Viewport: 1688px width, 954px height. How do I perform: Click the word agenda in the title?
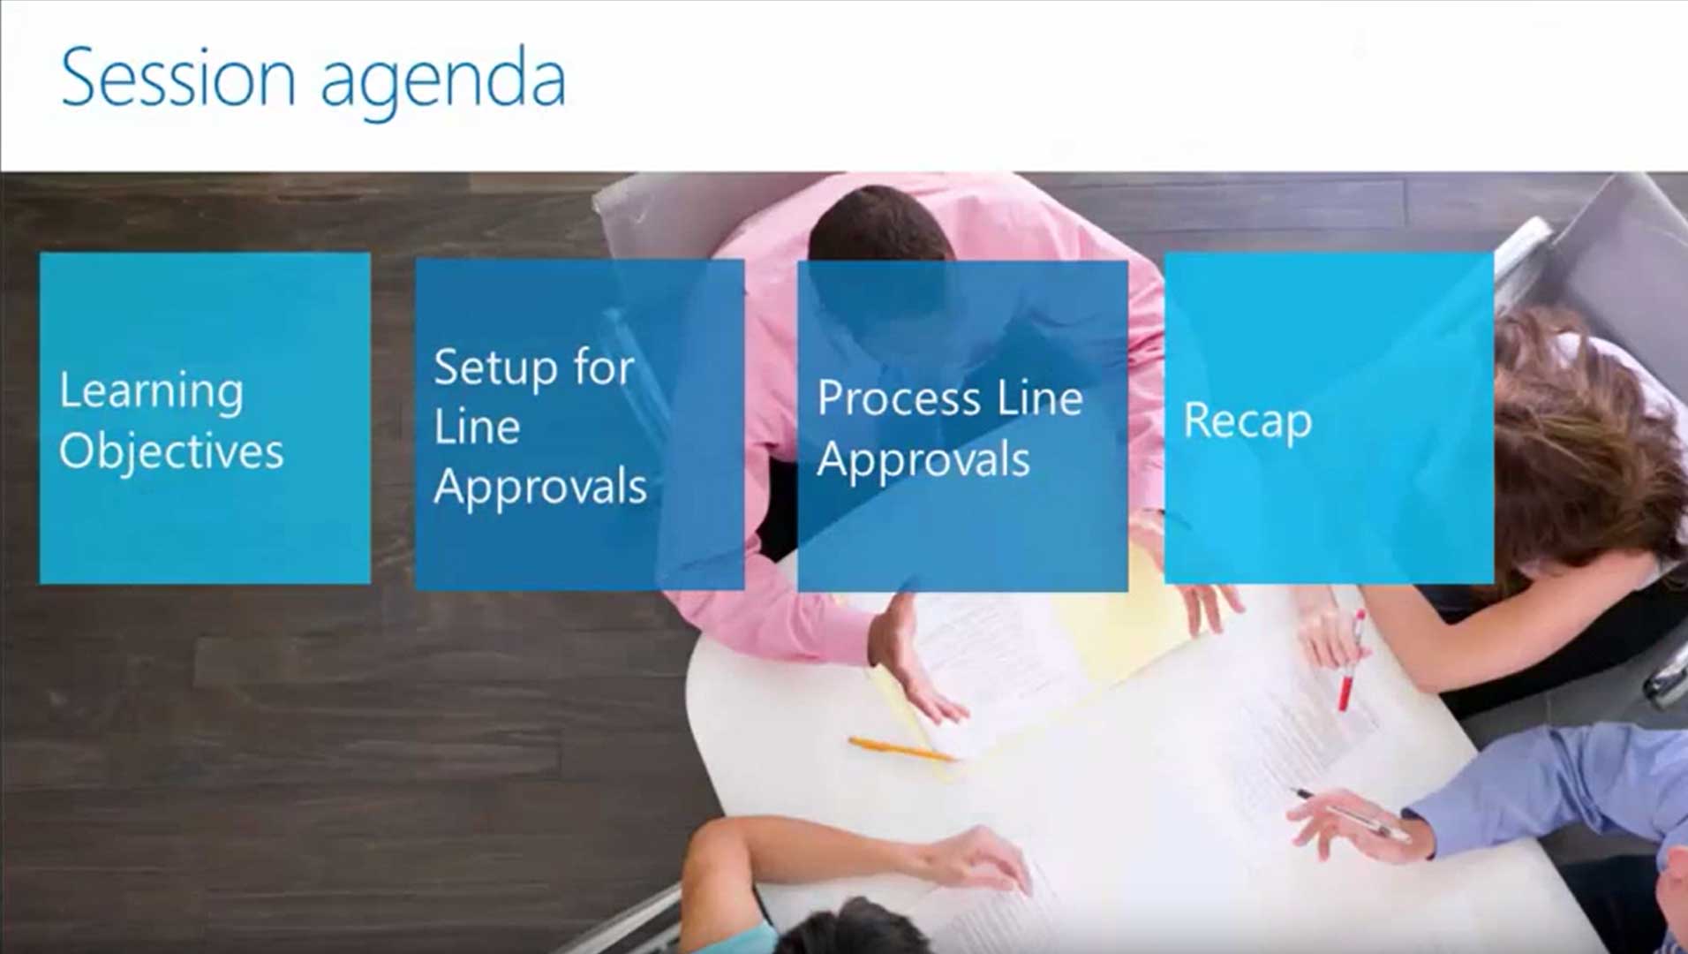tap(442, 81)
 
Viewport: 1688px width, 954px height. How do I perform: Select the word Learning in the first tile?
tap(151, 390)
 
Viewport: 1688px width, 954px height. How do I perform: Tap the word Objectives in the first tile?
tap(171, 451)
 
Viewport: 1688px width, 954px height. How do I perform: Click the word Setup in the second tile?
tap(496, 367)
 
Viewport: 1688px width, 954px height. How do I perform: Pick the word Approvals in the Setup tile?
tap(540, 487)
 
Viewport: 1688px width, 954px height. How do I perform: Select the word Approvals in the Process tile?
tap(923, 460)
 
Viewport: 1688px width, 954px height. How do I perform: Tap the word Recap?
tap(1247, 420)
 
